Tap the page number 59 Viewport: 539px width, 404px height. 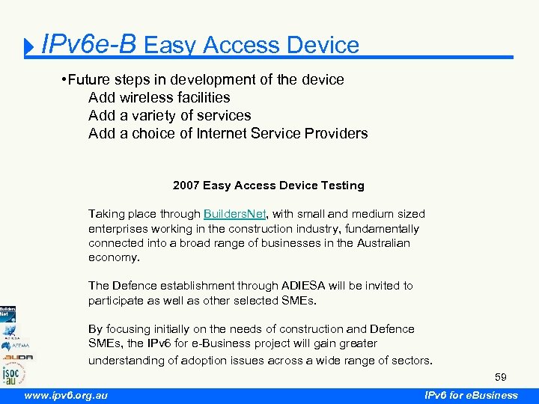(x=500, y=377)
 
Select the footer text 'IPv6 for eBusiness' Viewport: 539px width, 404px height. (x=470, y=395)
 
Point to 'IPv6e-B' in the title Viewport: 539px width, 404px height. (x=89, y=45)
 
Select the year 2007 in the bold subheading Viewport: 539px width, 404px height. (x=186, y=186)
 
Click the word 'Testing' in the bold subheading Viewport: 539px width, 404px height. (x=341, y=186)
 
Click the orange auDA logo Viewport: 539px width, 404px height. (x=16, y=357)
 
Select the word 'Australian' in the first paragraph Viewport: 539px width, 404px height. (x=377, y=243)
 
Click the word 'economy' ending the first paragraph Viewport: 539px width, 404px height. (x=112, y=257)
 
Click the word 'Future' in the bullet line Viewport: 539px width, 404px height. (x=93, y=79)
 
